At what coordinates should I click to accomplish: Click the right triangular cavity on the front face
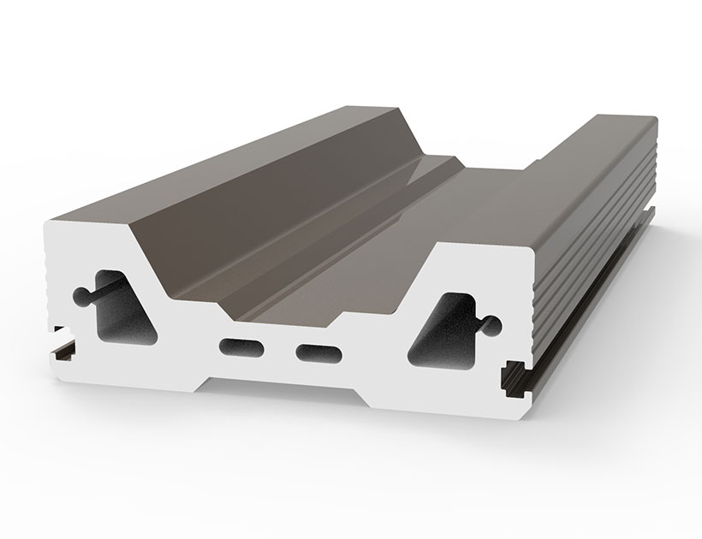click(444, 329)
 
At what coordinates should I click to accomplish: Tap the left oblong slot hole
click(243, 346)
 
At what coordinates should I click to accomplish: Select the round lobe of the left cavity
click(81, 295)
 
